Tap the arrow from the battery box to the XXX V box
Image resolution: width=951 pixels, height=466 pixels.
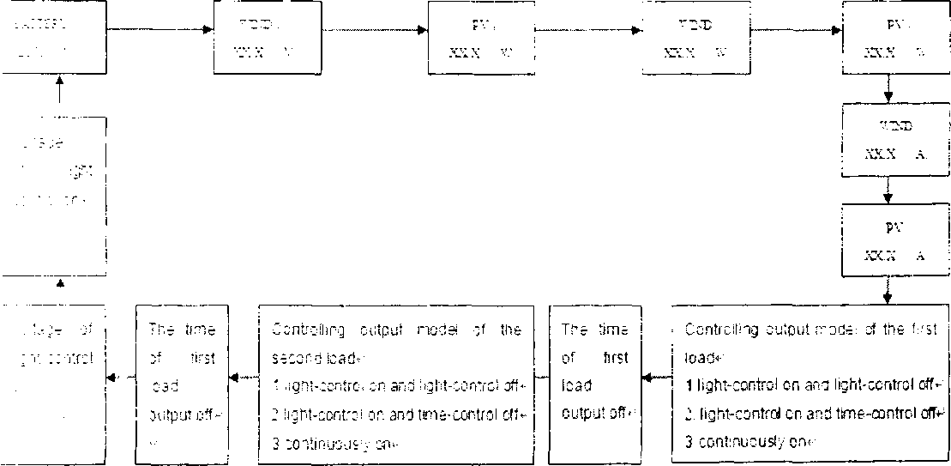click(160, 31)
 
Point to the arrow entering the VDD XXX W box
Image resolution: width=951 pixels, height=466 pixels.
click(592, 31)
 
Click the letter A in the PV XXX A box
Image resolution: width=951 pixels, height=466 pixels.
click(918, 256)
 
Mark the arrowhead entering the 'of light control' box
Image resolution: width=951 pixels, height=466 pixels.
click(109, 378)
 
